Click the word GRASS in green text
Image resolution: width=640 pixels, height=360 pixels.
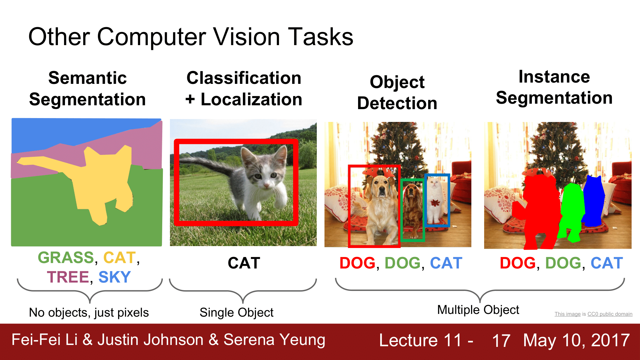pos(66,258)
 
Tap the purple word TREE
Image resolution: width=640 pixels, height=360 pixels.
pos(68,277)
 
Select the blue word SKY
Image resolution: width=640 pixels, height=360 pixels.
pos(115,277)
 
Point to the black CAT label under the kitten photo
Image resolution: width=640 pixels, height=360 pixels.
pos(244,263)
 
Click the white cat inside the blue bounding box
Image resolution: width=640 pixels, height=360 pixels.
pos(435,202)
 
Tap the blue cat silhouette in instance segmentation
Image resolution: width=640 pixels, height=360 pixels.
pos(594,202)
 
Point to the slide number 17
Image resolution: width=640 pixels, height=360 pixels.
pos(501,340)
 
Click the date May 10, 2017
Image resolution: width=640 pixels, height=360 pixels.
pos(576,340)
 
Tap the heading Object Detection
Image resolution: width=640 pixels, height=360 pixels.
pos(397,92)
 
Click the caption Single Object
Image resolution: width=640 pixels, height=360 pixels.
pos(236,313)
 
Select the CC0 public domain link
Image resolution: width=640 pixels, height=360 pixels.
pos(610,314)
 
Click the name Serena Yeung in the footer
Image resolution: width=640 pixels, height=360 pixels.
pos(274,340)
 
